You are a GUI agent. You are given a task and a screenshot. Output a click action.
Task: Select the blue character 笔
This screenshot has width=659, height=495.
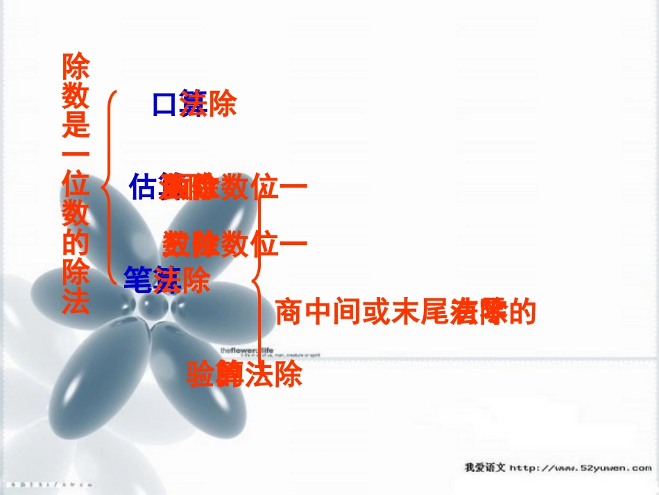point(137,279)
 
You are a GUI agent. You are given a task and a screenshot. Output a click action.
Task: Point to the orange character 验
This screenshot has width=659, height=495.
point(200,375)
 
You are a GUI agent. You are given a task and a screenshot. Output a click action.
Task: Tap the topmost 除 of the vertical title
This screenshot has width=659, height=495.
point(76,67)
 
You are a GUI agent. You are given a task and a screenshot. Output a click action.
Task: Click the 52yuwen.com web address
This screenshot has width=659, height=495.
point(581,468)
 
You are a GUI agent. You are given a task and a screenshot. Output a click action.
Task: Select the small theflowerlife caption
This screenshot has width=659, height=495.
point(247,350)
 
